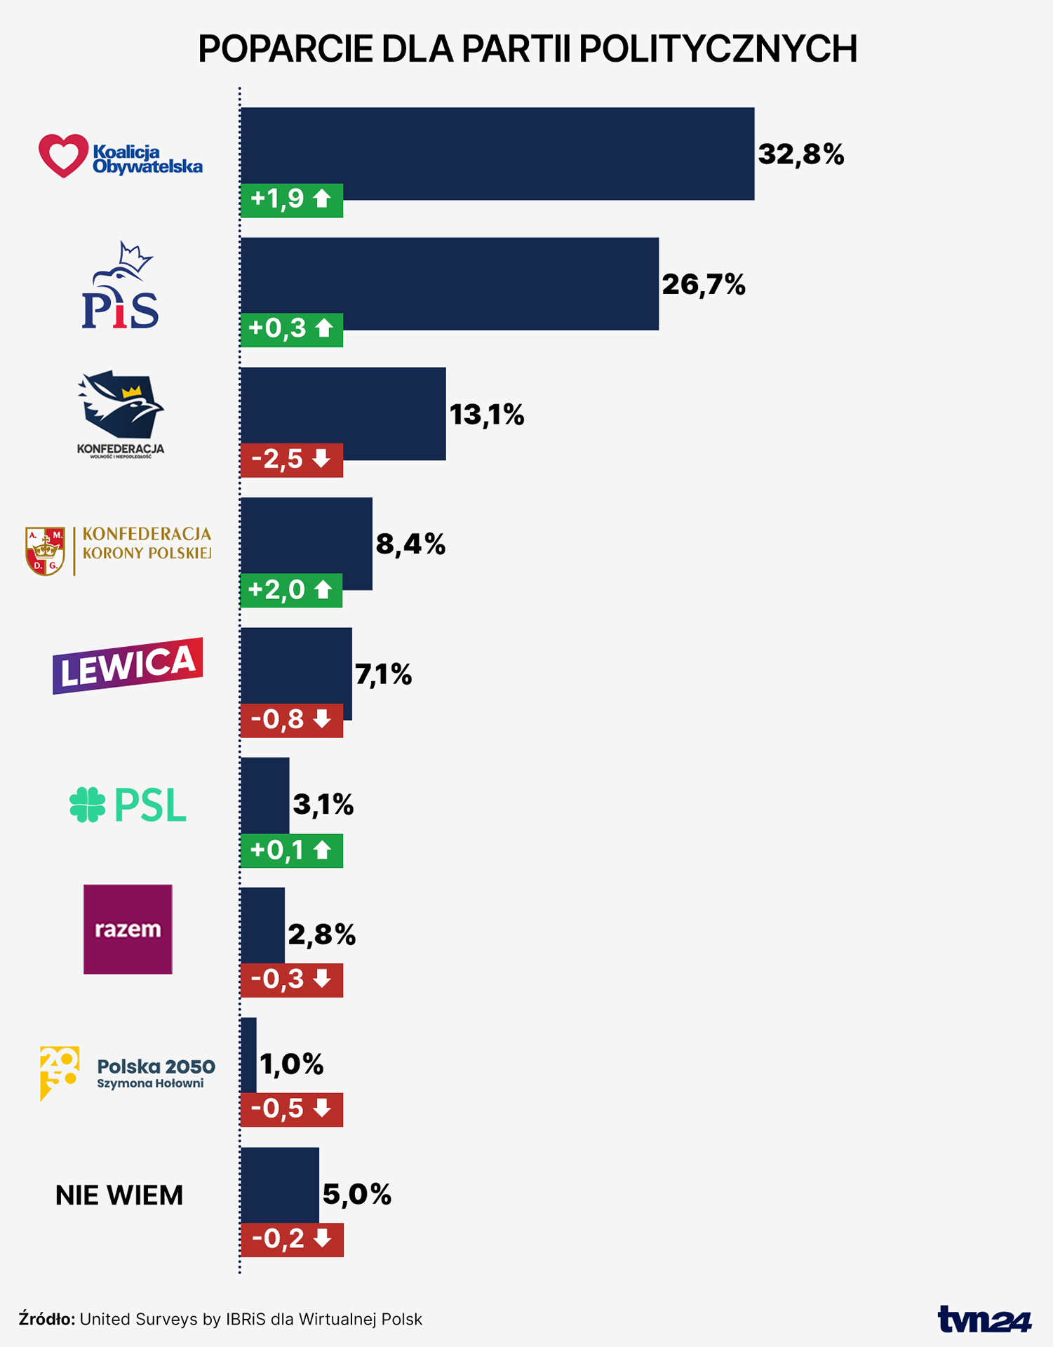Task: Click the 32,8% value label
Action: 800,154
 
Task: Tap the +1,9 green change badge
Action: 291,200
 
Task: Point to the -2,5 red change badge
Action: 291,460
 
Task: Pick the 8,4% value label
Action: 410,544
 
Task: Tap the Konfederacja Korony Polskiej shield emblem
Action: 45,551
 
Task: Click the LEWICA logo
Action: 128,665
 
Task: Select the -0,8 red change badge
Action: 291,720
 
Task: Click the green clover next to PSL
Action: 87,805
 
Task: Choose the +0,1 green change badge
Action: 291,850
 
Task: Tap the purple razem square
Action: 128,929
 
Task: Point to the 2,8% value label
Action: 321,935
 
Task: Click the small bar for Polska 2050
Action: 248,1054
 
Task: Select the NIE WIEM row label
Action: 119,1195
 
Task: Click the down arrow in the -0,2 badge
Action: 323,1239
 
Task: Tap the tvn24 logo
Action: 984,1320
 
